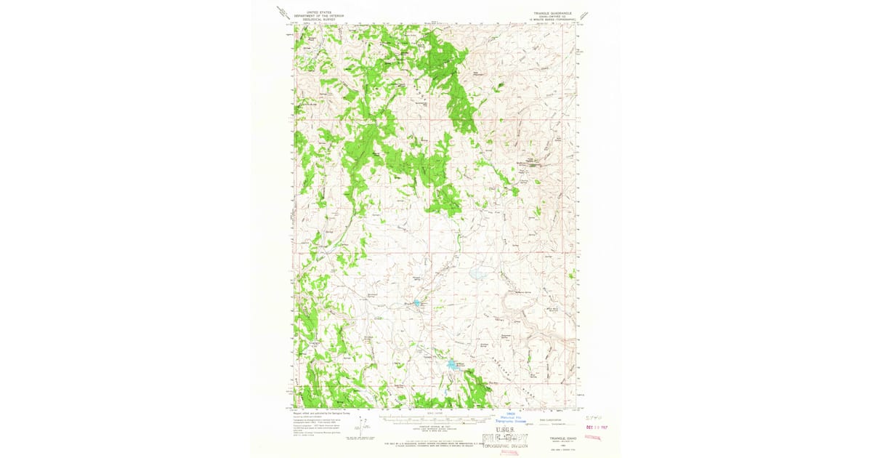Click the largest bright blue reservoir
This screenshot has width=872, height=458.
(454, 363)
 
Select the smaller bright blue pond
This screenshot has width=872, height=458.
(416, 302)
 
